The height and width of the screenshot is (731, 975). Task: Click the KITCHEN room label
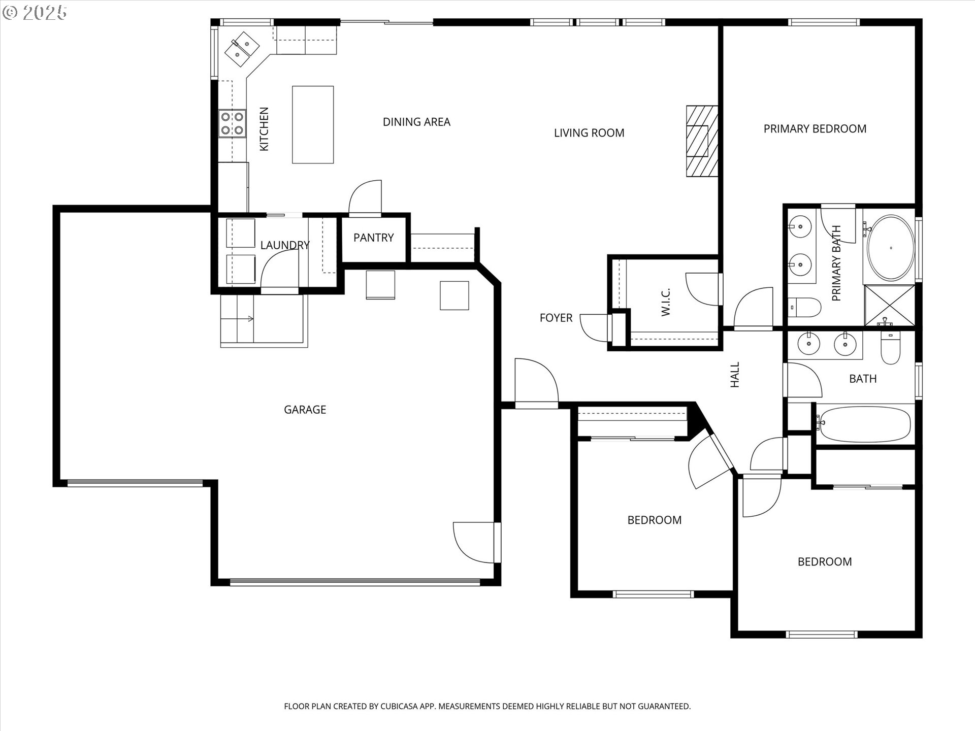tap(264, 129)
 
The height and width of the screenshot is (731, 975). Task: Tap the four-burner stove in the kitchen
tap(232, 124)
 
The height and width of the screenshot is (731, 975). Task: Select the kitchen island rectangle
tap(313, 124)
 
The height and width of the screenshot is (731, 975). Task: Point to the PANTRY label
tap(374, 238)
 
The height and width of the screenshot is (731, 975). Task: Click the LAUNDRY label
tap(285, 245)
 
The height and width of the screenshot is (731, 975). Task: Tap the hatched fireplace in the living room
tap(702, 141)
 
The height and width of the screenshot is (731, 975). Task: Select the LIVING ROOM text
tap(589, 133)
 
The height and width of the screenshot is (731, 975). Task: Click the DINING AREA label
tap(416, 122)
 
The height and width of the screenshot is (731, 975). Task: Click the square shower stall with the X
tap(890, 306)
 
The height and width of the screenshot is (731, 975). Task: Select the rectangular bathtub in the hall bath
tap(863, 424)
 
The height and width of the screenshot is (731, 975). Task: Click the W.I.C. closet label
tap(666, 302)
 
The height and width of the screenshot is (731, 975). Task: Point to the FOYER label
tap(556, 318)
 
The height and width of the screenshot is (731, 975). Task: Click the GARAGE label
tap(305, 410)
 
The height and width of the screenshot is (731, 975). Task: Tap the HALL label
tap(735, 375)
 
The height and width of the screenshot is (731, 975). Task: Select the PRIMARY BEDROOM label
tap(815, 129)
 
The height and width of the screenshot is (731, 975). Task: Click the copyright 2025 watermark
tap(35, 13)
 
